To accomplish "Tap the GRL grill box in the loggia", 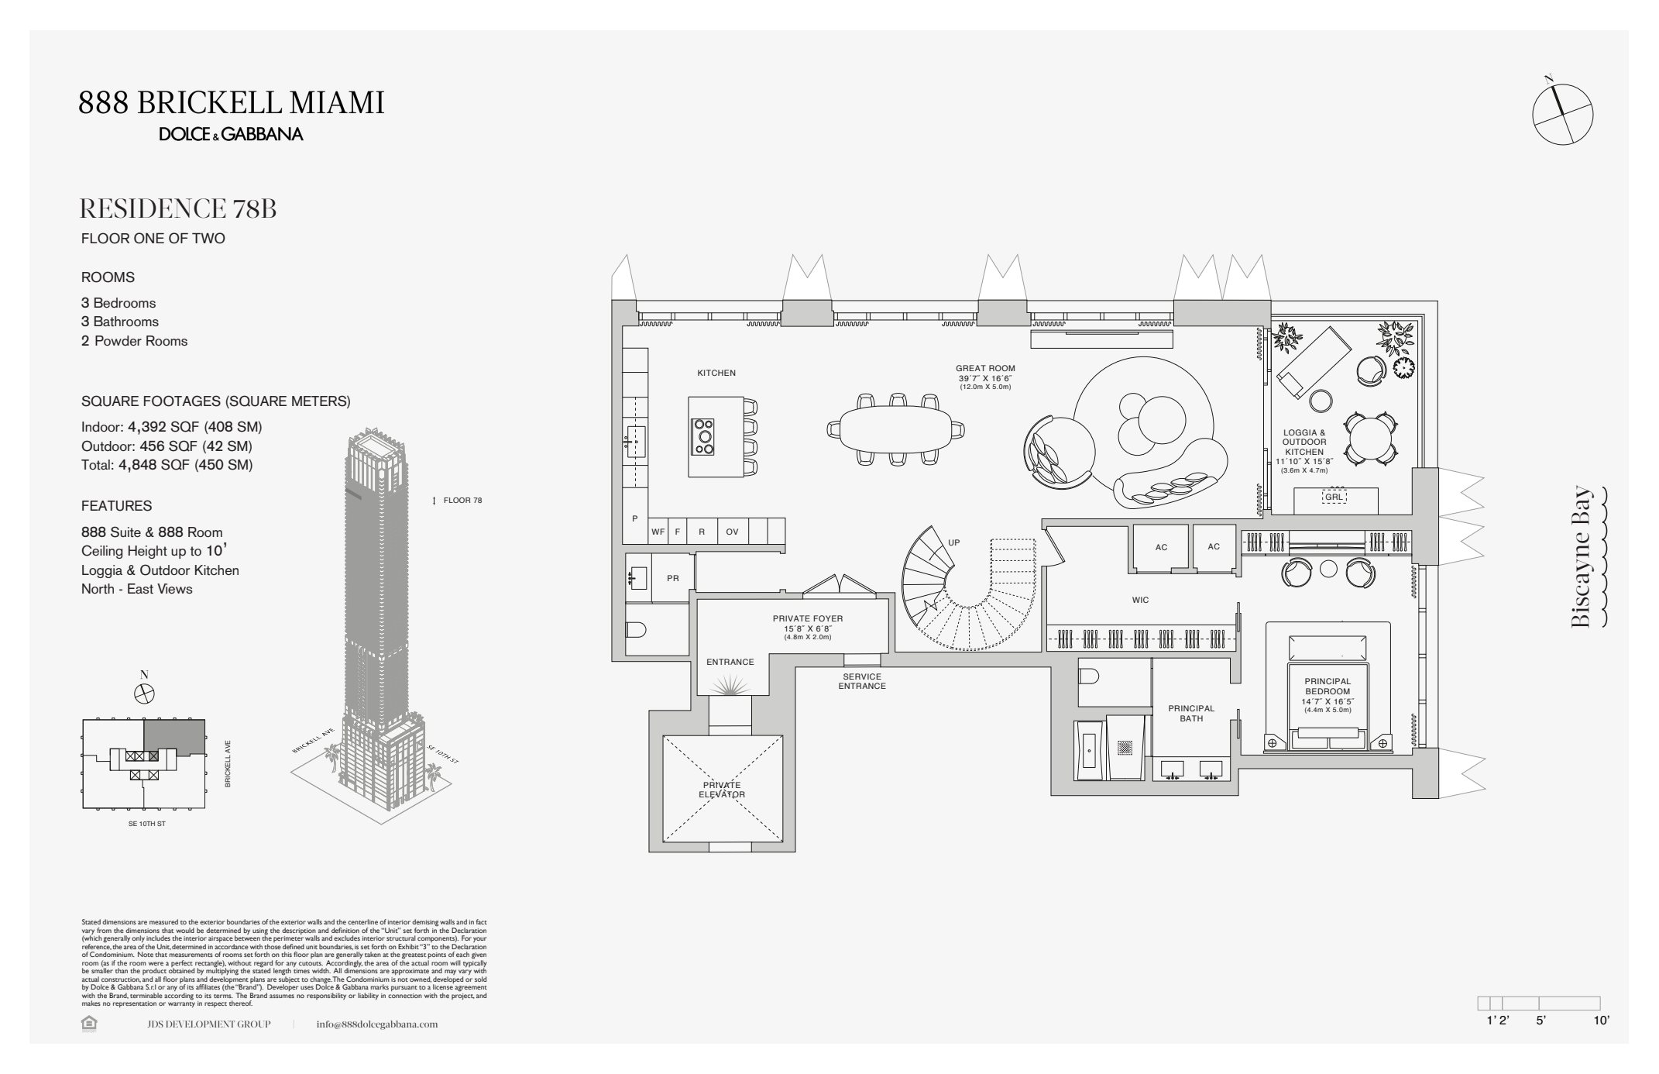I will (x=1334, y=497).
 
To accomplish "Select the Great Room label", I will (x=984, y=369).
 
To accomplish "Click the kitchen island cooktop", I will (x=704, y=436).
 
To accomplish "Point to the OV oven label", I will (x=732, y=532).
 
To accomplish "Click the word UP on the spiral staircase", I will (x=953, y=542).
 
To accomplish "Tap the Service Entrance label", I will (x=861, y=681).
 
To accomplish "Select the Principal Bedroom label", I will (x=1328, y=687).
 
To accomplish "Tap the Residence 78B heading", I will (x=178, y=209).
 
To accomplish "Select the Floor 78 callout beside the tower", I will (x=462, y=501).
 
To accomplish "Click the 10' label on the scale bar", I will (x=1601, y=1021).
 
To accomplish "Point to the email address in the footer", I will (x=377, y=1024).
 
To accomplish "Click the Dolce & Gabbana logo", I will (x=231, y=134).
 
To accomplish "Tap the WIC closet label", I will (x=1139, y=600).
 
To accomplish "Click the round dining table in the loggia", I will (x=1370, y=439).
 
